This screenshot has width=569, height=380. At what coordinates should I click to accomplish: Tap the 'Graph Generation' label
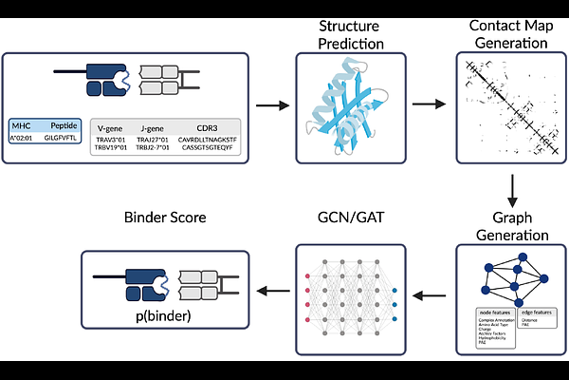pyautogui.click(x=512, y=227)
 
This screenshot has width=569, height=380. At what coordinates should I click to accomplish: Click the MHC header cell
pyautogui.click(x=22, y=123)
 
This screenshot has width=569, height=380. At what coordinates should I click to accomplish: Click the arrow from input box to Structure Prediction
pyautogui.click(x=273, y=104)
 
